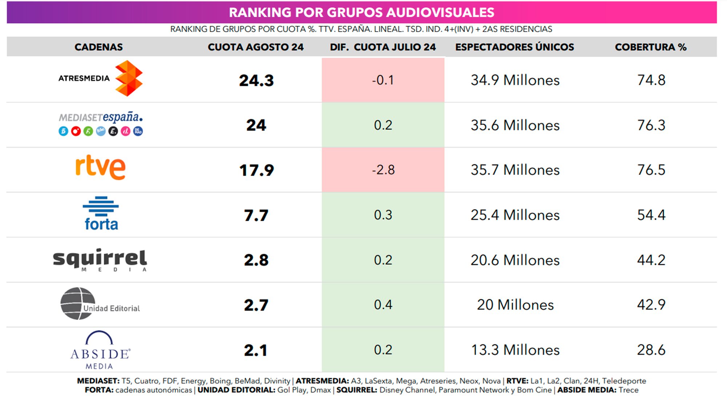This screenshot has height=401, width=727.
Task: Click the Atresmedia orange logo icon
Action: coord(129,79)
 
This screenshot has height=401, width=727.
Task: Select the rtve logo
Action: coord(100,167)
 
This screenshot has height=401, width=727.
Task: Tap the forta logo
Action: coord(101,214)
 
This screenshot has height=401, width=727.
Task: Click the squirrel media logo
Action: coord(100,260)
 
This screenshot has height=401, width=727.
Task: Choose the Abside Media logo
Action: coord(100,350)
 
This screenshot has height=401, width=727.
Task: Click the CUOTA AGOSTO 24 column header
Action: coord(256,47)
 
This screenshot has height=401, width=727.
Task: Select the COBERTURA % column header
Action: coord(650,47)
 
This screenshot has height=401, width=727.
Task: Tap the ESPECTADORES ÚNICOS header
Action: coord(514,47)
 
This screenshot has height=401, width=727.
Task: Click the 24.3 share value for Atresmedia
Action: coord(256,80)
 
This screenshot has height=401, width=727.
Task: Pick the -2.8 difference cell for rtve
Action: coord(383,170)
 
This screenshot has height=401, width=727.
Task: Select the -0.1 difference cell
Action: coord(383,80)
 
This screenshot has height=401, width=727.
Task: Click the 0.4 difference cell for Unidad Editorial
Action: coord(383,305)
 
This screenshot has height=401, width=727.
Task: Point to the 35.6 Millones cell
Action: coord(515,125)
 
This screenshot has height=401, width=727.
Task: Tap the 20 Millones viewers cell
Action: coord(515,305)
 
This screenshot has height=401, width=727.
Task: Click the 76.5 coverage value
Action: coord(651,170)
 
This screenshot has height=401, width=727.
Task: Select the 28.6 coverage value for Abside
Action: coord(651,350)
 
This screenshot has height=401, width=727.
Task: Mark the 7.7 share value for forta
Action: coord(256,215)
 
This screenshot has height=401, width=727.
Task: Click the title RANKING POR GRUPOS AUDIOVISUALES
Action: coord(361,12)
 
